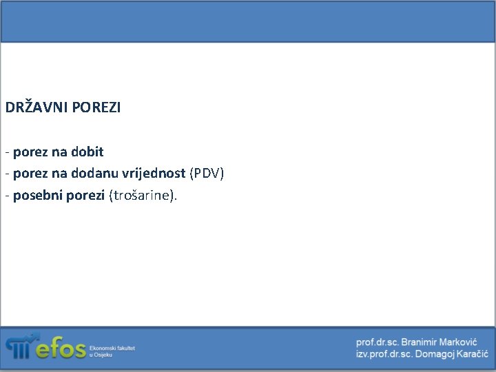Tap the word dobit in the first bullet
(87, 152)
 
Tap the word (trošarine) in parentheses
(142, 196)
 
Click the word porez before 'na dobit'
(30, 152)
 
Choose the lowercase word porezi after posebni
(85, 196)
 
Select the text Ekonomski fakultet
(112, 349)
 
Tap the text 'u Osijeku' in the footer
(102, 355)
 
